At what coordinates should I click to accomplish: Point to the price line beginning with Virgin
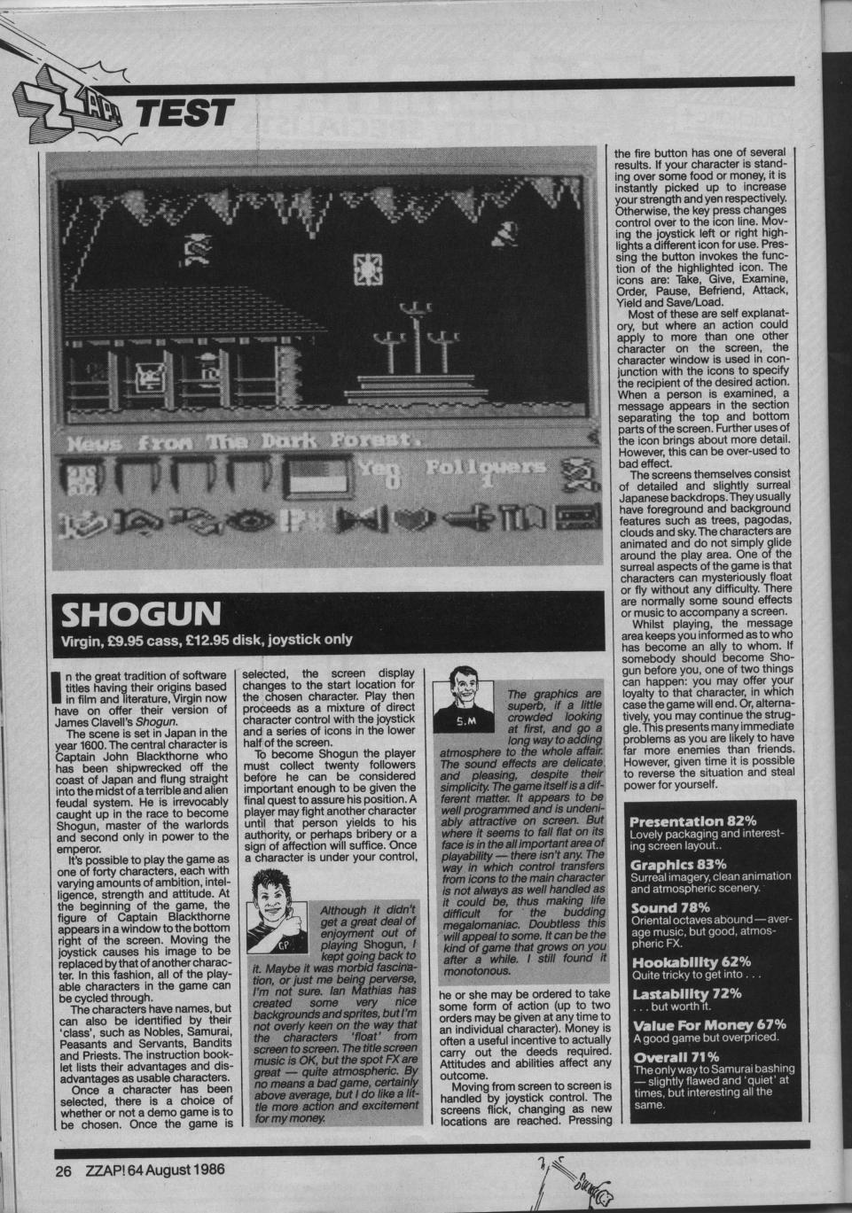[207, 639]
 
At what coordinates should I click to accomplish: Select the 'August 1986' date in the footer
[185, 1169]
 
